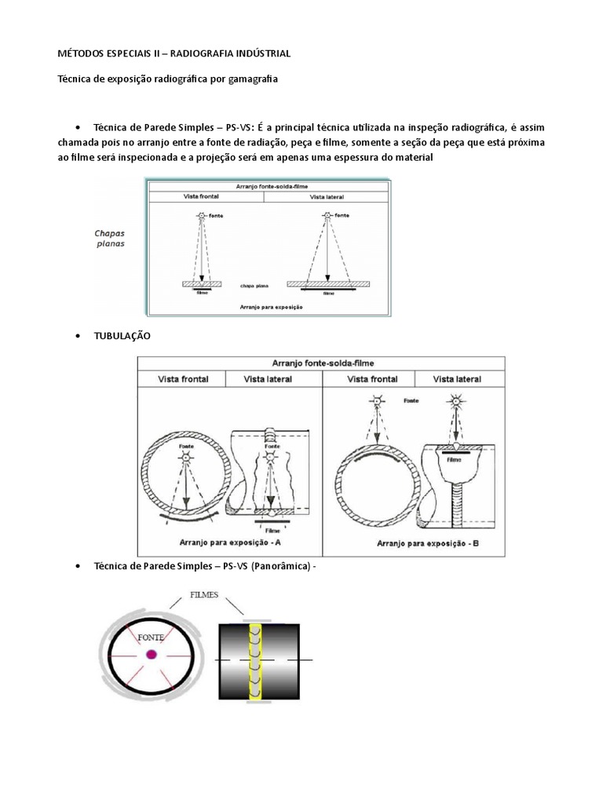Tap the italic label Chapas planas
109,238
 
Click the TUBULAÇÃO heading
122,335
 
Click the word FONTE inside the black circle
151,638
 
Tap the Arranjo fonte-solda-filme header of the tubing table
322,363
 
